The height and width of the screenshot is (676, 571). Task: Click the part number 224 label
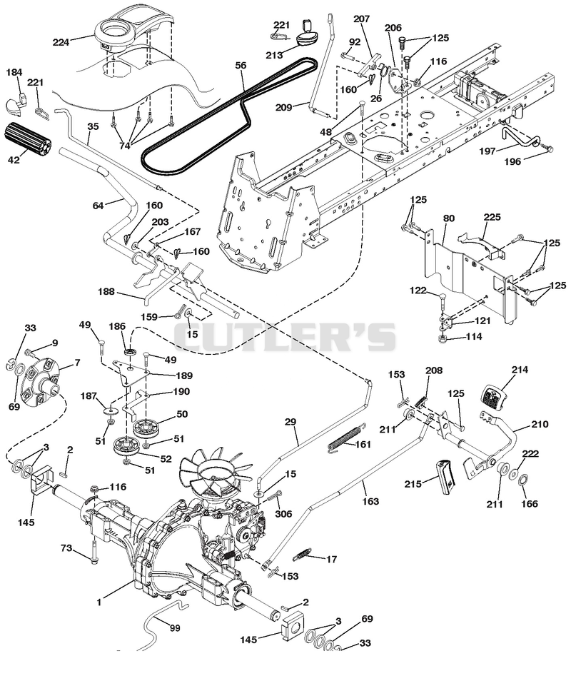click(x=61, y=42)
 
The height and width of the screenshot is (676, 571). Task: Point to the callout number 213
click(x=274, y=55)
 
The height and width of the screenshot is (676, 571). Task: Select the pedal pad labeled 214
click(x=491, y=397)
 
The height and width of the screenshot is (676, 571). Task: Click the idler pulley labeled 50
click(x=145, y=428)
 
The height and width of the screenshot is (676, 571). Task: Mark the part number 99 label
click(x=175, y=628)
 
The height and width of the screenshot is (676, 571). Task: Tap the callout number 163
click(x=370, y=501)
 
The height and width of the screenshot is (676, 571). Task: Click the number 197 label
click(x=487, y=151)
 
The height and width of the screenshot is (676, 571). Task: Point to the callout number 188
click(x=106, y=292)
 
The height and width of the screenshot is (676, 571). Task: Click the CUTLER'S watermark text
click(x=284, y=337)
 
